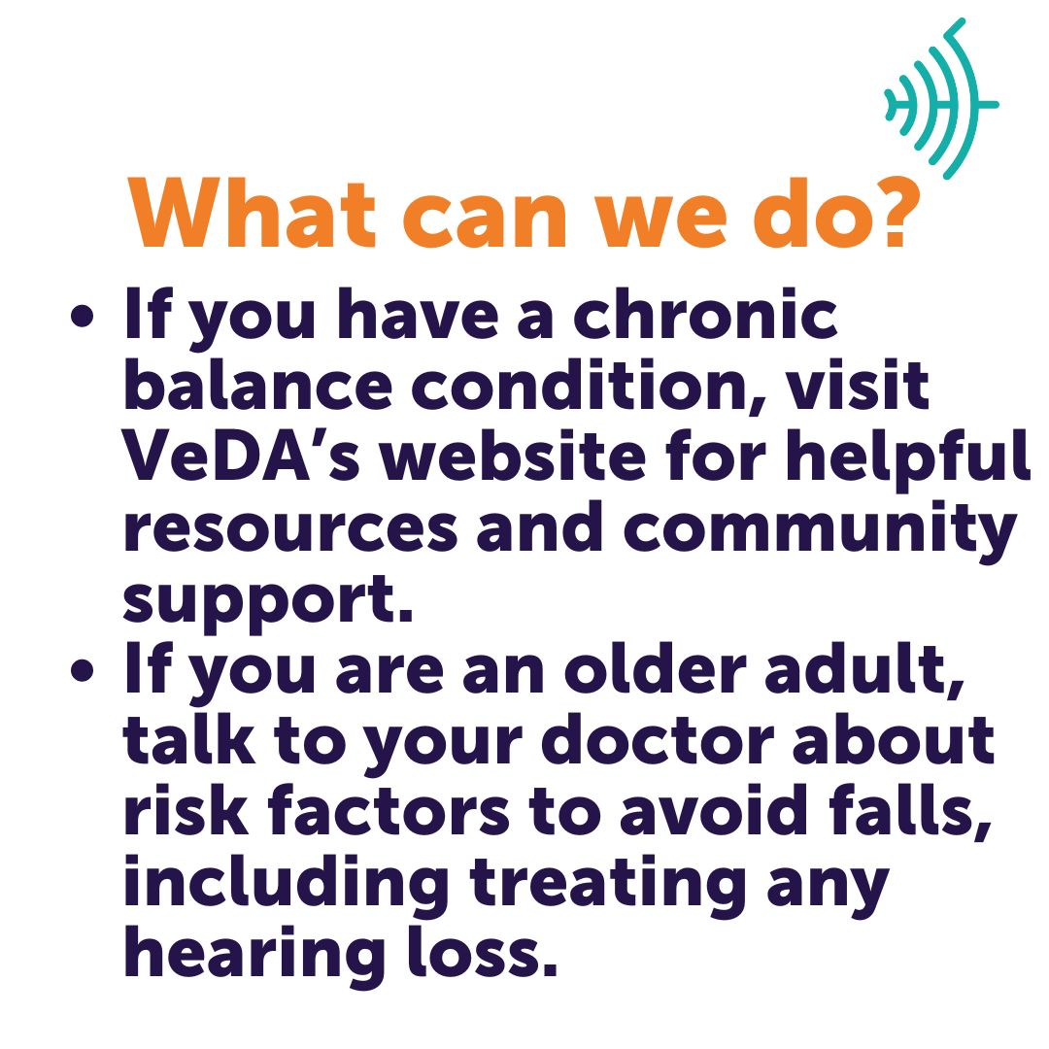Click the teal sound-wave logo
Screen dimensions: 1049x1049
click(x=940, y=99)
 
